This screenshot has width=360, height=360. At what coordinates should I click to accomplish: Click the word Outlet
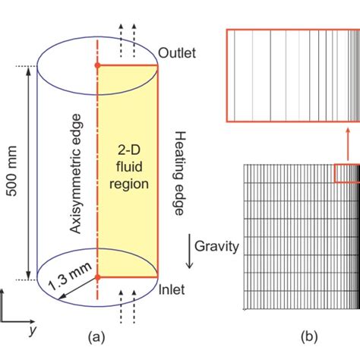click(x=177, y=53)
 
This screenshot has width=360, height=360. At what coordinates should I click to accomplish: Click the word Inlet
click(x=173, y=289)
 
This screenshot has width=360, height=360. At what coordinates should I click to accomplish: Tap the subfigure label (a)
click(x=98, y=335)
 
